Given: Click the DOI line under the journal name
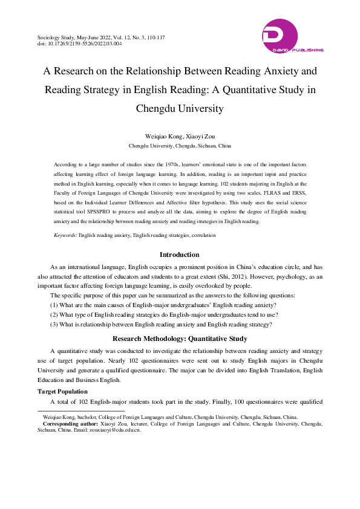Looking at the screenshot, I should point(79,44).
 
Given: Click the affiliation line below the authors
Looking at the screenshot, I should point(180,146).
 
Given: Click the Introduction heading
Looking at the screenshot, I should point(179,254).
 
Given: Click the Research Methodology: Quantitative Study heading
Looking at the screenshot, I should point(179,339).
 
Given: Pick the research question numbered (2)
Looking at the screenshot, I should point(163,314).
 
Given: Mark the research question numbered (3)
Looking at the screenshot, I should point(161,324).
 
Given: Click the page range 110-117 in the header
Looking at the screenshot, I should point(154,37).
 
